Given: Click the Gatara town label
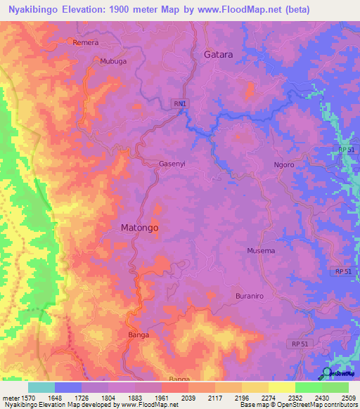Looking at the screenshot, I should (218, 54).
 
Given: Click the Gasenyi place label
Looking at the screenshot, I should (172, 164).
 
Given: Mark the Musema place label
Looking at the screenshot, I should (261, 251).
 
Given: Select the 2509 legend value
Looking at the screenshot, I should (348, 397).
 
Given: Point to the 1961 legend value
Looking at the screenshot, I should (161, 397).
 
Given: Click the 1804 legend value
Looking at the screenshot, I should (108, 397).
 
